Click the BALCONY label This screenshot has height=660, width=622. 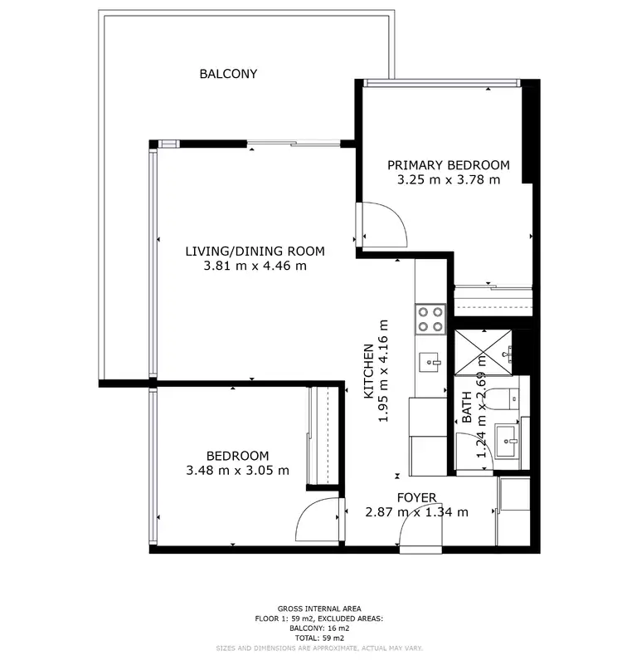(228, 74)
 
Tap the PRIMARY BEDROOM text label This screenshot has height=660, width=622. (449, 164)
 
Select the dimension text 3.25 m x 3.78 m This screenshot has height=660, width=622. (449, 179)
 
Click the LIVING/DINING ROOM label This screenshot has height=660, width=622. (255, 251)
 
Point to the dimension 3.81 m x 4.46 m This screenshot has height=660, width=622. (255, 266)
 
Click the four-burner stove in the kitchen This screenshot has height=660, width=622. (430, 319)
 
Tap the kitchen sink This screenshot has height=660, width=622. (430, 363)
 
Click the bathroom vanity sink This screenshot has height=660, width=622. (506, 438)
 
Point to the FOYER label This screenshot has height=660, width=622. (416, 497)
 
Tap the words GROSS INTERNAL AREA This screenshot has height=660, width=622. (319, 609)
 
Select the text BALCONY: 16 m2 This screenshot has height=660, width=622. (319, 628)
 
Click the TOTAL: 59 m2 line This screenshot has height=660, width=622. (319, 638)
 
